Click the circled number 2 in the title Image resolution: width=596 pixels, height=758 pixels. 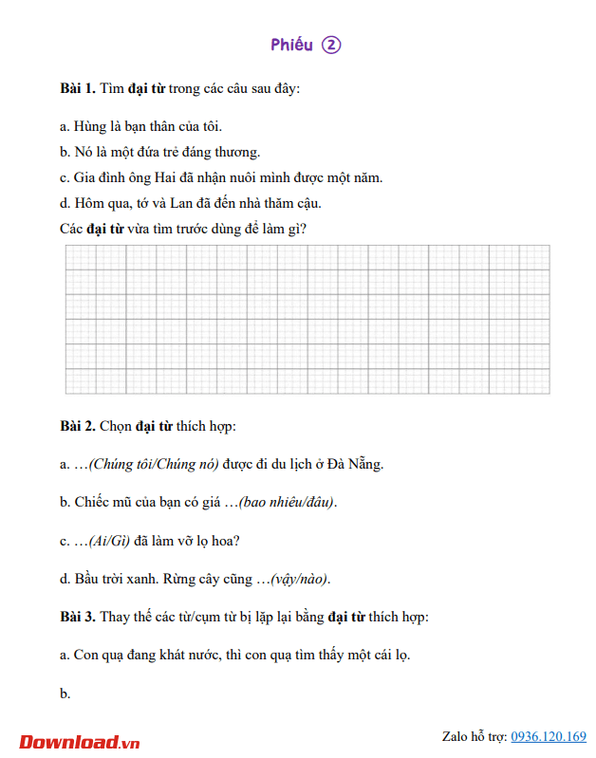[330, 45]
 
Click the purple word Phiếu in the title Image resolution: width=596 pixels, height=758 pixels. [291, 45]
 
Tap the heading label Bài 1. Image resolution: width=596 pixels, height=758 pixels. [77, 88]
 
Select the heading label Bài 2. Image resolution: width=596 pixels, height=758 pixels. [77, 425]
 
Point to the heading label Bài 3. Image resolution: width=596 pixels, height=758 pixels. [77, 617]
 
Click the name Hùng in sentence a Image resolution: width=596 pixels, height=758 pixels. [90, 125]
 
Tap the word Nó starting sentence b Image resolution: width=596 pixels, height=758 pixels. [84, 151]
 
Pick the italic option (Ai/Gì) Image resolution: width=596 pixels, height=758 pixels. [109, 541]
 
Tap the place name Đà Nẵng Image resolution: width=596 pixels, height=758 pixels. [353, 464]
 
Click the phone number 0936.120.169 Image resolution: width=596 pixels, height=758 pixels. [549, 736]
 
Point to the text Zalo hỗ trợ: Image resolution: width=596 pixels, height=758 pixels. [475, 736]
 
